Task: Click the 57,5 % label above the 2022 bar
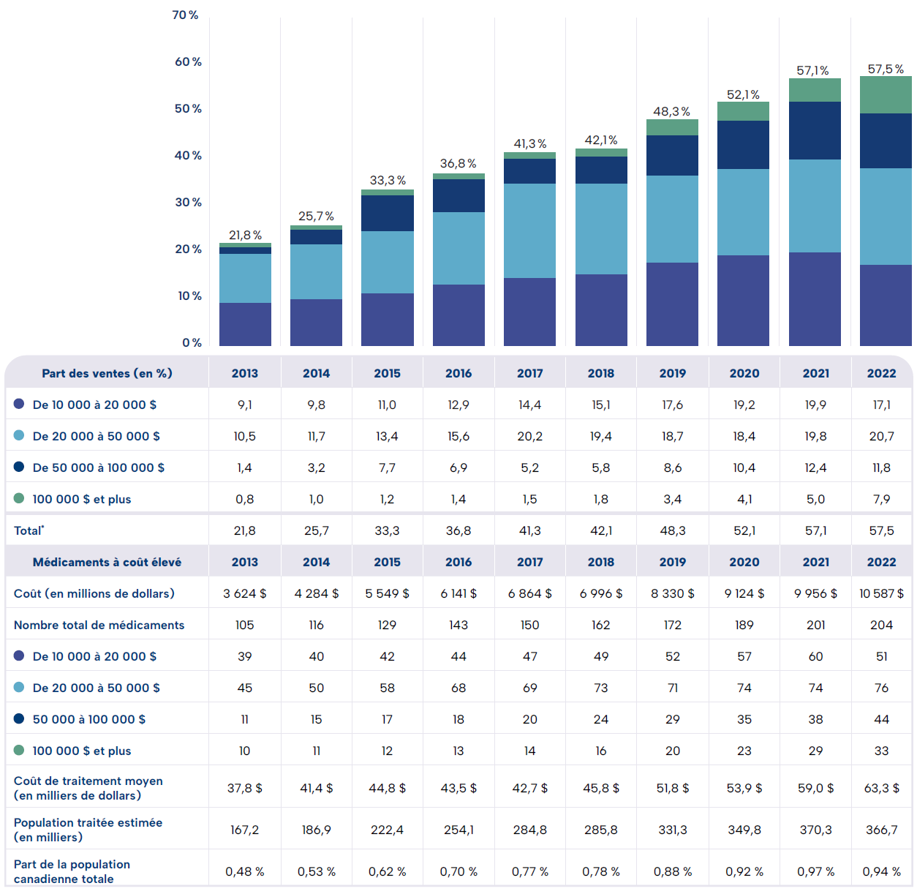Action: (886, 70)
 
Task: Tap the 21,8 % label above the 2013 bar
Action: (245, 236)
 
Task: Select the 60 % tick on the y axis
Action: (188, 62)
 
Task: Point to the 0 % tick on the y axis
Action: (192, 343)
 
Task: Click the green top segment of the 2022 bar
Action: (886, 95)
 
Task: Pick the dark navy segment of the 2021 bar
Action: (815, 131)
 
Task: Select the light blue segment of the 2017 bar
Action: (529, 230)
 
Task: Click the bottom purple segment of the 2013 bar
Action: (245, 324)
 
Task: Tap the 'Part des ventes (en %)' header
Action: (107, 373)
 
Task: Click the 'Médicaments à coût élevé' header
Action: (107, 562)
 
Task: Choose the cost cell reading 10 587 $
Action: (881, 593)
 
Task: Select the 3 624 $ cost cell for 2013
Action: (245, 593)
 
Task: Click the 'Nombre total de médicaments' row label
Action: (99, 625)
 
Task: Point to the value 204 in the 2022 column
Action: (881, 625)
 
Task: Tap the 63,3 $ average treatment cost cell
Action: (881, 788)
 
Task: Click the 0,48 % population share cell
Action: (245, 871)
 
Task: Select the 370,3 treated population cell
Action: (815, 830)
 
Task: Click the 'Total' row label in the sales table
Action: (29, 530)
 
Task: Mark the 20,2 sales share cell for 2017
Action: (529, 436)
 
